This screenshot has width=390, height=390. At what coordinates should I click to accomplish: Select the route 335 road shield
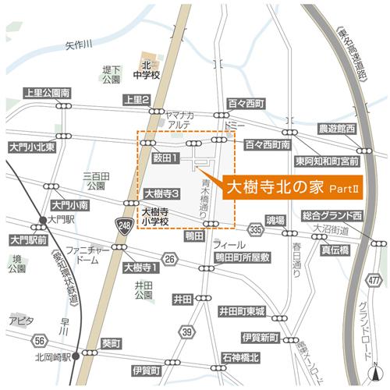click(x=256, y=229)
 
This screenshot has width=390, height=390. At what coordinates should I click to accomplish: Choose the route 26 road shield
click(x=171, y=258)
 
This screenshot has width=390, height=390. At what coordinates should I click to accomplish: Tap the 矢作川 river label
click(x=80, y=45)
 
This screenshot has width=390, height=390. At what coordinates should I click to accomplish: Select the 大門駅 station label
click(x=58, y=220)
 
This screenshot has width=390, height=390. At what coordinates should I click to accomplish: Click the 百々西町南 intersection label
click(x=268, y=145)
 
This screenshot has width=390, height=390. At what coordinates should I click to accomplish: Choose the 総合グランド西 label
click(x=333, y=214)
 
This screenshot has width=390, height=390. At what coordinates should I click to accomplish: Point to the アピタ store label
click(x=19, y=321)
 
